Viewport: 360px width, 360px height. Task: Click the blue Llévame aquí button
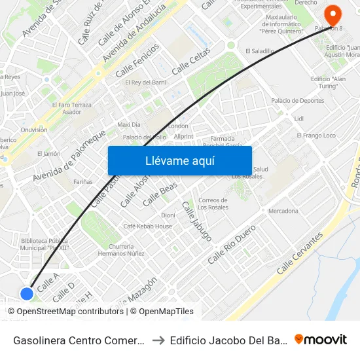coord(179,160)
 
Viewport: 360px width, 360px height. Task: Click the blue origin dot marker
coord(27,294)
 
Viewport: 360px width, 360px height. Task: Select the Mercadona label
coord(283,211)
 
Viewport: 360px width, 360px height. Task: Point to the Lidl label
coord(300,118)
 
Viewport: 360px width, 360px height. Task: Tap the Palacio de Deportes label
coord(298,101)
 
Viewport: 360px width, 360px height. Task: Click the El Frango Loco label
coord(316,135)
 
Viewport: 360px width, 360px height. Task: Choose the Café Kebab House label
coord(148,226)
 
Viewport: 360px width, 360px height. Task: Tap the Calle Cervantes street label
coord(300,253)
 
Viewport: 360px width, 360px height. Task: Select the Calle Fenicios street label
coord(137,61)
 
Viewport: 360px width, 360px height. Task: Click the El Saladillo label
coord(260,50)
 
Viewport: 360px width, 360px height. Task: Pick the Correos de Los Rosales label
coord(212,204)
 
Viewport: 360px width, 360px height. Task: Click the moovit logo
coord(320,339)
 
